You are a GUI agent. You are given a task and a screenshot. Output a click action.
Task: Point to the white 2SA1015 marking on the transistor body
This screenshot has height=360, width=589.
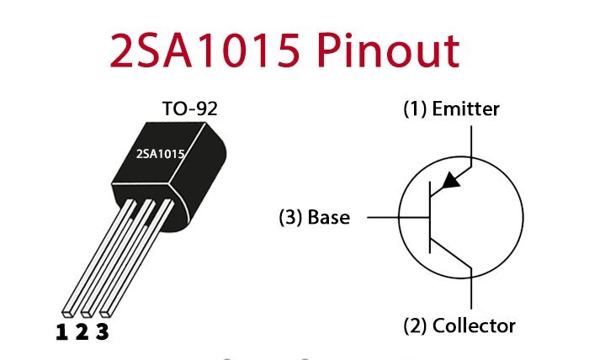(x=161, y=154)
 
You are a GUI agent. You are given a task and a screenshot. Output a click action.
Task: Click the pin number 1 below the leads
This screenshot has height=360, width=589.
(x=61, y=332)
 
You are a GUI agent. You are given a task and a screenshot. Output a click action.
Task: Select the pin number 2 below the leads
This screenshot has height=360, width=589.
(x=82, y=332)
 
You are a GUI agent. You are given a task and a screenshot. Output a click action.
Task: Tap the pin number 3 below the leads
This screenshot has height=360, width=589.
(x=102, y=332)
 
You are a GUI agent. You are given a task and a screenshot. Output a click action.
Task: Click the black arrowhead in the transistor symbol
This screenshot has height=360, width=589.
(x=452, y=179)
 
